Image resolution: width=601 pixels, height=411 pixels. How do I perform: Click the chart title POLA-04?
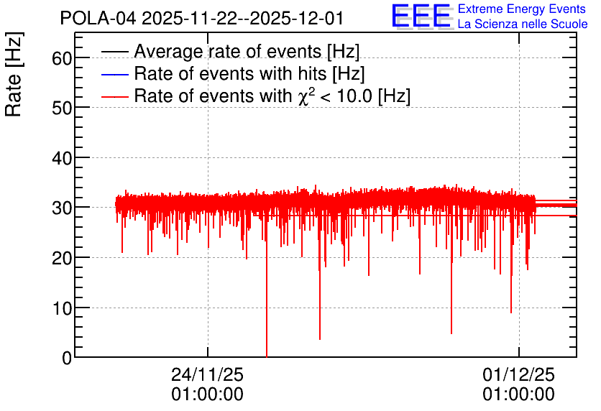pyautogui.click(x=202, y=18)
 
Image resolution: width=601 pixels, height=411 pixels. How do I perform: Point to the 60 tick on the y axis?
pyautogui.click(x=63, y=58)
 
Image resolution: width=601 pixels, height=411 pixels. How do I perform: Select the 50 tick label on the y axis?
pyautogui.click(x=63, y=108)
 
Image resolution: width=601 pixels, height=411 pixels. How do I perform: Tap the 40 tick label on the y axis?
pyautogui.click(x=63, y=158)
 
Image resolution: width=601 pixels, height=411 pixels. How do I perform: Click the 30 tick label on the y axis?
pyautogui.click(x=63, y=208)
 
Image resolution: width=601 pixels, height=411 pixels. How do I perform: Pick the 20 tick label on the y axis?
pyautogui.click(x=63, y=258)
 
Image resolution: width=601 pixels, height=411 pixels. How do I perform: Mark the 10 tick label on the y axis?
pyautogui.click(x=63, y=308)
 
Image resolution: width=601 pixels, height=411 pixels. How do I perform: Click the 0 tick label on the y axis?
pyautogui.click(x=68, y=358)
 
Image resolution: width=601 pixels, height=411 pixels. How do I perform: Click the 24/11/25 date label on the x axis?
pyautogui.click(x=207, y=374)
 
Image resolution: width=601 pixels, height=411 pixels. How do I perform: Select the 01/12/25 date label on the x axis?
pyautogui.click(x=518, y=374)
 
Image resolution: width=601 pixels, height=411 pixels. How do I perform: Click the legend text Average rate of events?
pyautogui.click(x=247, y=52)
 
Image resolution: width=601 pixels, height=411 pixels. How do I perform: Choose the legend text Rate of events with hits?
pyautogui.click(x=249, y=74)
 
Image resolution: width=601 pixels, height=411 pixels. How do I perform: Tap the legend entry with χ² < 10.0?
pyautogui.click(x=272, y=96)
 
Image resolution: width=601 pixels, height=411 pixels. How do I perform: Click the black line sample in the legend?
pyautogui.click(x=115, y=52)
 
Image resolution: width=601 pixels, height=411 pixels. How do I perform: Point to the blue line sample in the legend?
pyautogui.click(x=115, y=74)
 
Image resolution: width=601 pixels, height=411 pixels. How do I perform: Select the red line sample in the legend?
pyautogui.click(x=115, y=96)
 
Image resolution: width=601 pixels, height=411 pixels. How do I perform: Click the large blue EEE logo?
pyautogui.click(x=421, y=17)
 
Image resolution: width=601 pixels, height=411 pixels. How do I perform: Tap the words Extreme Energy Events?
pyautogui.click(x=522, y=9)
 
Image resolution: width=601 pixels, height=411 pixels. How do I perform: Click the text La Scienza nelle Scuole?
pyautogui.click(x=523, y=24)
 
